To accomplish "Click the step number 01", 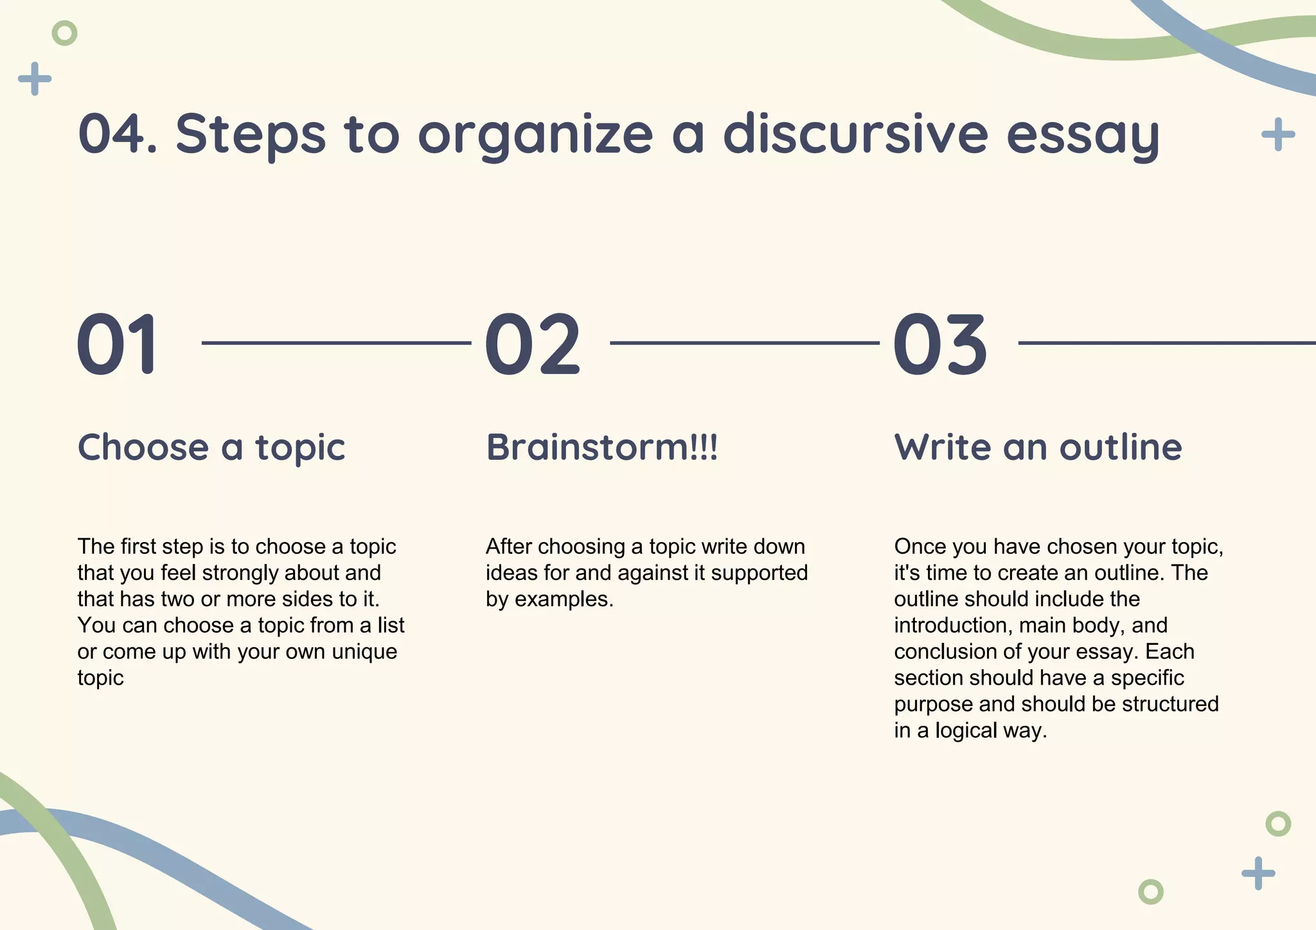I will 117,344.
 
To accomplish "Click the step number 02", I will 532,344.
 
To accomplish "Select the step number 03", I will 939,344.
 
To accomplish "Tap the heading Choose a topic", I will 211,447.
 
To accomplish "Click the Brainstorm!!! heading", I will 601,447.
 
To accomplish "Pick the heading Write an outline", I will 1038,447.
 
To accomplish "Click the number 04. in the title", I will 118,134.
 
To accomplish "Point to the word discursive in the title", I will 855,134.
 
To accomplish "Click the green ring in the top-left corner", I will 64,33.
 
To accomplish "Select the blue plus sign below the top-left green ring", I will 35,79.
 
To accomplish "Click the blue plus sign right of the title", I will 1278,134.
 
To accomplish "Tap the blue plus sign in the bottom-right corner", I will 1258,873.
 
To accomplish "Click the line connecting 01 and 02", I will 336,343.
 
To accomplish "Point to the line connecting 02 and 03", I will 744,343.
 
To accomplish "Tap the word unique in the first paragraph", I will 364,652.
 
